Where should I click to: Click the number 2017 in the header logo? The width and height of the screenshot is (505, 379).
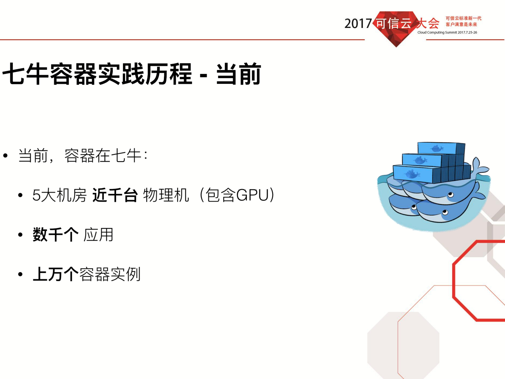point(358,24)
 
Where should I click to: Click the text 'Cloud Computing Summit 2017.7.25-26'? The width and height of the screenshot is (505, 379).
point(447,32)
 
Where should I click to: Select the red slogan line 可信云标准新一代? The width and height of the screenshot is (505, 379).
point(463,18)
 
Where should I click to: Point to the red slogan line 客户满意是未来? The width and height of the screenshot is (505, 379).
point(461,24)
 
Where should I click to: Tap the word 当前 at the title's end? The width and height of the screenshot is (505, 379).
point(238,74)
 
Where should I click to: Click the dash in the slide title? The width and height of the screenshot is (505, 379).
point(203,75)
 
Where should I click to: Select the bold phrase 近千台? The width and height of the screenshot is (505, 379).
point(115,195)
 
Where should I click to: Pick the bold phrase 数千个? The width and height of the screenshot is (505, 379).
point(56,235)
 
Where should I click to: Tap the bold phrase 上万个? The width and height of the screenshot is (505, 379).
point(56,274)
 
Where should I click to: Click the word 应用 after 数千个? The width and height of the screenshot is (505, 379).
point(98,235)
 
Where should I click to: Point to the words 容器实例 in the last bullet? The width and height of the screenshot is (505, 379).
point(110,274)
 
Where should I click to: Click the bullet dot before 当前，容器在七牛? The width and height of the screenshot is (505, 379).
point(6,156)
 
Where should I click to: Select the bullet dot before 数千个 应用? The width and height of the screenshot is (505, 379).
point(20,235)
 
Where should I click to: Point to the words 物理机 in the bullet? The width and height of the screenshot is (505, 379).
point(166,195)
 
